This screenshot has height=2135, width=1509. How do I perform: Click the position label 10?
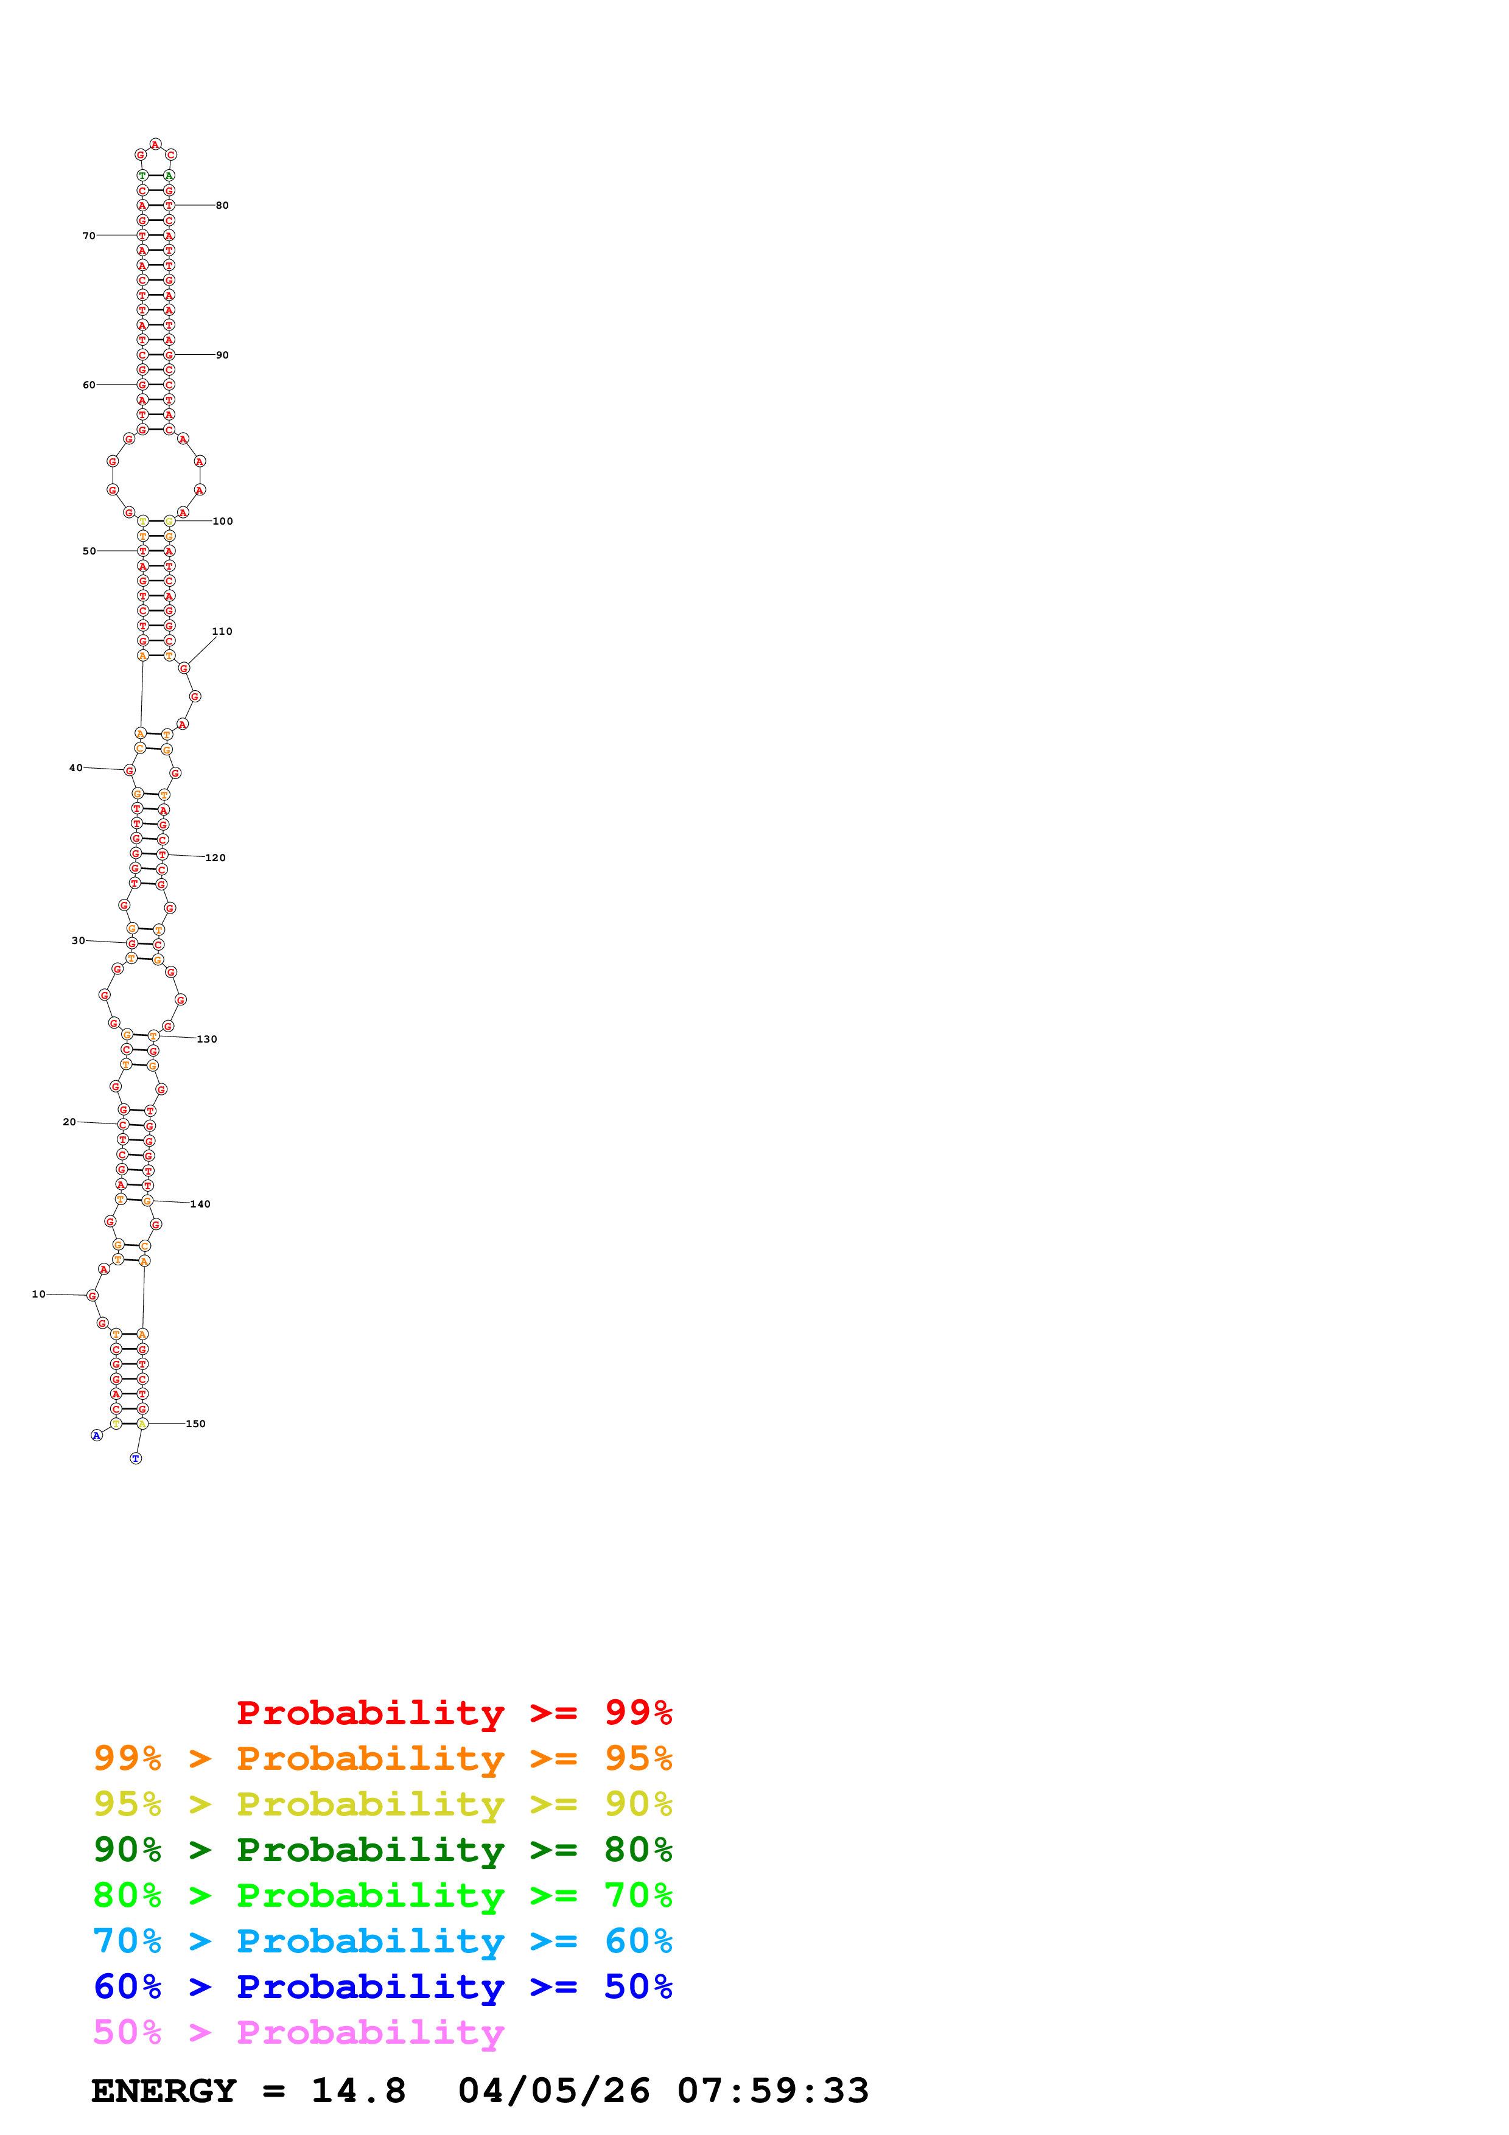(38, 1293)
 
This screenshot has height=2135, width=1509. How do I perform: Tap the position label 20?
(69, 1122)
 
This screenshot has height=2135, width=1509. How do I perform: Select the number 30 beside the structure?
(78, 940)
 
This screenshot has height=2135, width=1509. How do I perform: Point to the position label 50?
(89, 551)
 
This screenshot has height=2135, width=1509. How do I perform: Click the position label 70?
(89, 236)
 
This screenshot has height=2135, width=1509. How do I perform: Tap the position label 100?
(223, 521)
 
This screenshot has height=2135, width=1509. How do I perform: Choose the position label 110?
(222, 631)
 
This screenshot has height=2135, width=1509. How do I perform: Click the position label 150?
(195, 1424)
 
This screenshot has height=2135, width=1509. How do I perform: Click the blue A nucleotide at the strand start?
(96, 1436)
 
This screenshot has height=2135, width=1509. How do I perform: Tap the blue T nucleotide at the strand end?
(136, 1458)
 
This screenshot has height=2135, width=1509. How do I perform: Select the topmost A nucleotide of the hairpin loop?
(155, 144)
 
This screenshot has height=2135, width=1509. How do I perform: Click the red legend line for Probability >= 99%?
(453, 1712)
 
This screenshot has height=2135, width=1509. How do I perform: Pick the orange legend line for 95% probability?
(382, 1758)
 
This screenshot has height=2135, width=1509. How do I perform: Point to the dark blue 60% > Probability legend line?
(382, 1986)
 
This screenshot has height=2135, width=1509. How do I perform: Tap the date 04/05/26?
(553, 2091)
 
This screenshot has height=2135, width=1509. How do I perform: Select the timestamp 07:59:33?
(772, 2091)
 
